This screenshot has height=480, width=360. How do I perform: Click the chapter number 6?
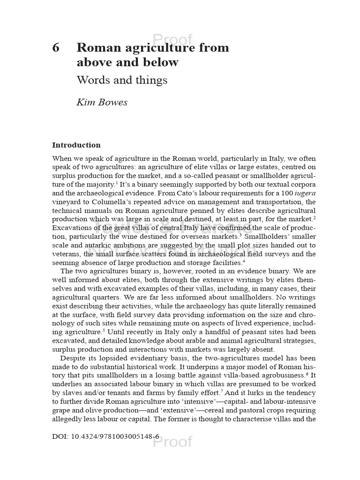point(56,48)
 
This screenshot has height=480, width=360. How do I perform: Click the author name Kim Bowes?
point(102,102)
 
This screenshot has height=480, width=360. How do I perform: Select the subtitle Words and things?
point(122,80)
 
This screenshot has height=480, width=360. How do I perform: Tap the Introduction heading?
point(76,145)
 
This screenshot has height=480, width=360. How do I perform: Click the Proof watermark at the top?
point(173,39)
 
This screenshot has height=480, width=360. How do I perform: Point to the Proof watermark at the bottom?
point(173,442)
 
